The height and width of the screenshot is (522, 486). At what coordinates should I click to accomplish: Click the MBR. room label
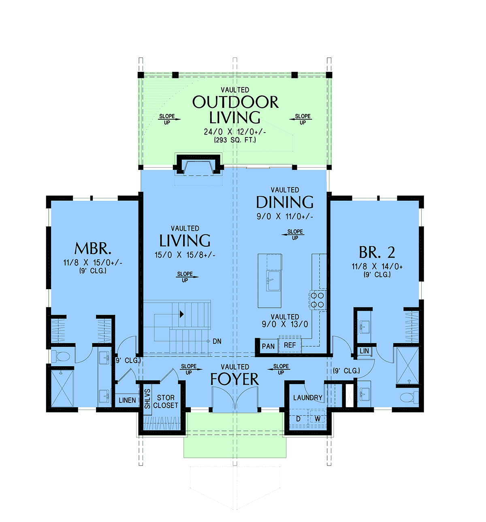click(x=93, y=248)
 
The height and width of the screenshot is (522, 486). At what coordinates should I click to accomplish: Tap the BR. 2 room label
click(x=377, y=252)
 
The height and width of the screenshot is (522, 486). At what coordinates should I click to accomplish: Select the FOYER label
click(x=234, y=379)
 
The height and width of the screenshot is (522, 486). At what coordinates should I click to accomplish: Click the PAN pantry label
click(x=268, y=346)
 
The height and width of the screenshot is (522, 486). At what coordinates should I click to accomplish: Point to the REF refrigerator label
click(x=290, y=345)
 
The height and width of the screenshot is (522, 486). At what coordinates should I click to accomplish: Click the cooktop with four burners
click(x=318, y=300)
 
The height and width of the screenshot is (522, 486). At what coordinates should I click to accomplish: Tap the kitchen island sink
click(x=273, y=280)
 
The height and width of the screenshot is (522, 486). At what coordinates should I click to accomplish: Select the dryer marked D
click(x=298, y=419)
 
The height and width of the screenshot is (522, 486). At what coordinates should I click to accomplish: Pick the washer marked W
click(x=318, y=419)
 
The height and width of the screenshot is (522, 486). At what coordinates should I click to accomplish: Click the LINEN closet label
click(x=127, y=400)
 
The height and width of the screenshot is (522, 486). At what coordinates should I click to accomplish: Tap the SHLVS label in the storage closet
click(x=147, y=399)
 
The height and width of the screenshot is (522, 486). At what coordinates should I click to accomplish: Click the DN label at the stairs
click(x=217, y=342)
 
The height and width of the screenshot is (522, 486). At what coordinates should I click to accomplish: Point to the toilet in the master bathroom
click(x=60, y=357)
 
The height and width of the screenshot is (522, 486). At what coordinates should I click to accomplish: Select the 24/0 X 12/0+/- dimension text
click(x=235, y=132)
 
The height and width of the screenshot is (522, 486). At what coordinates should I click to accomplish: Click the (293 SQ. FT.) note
click(x=235, y=140)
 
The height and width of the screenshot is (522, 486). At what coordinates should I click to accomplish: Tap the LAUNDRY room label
click(x=308, y=397)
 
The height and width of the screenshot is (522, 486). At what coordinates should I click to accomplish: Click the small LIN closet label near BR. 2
click(x=364, y=351)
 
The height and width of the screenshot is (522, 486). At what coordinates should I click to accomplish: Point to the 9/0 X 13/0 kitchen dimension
click(x=285, y=324)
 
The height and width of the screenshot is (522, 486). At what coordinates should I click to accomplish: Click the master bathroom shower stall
click(x=62, y=388)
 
